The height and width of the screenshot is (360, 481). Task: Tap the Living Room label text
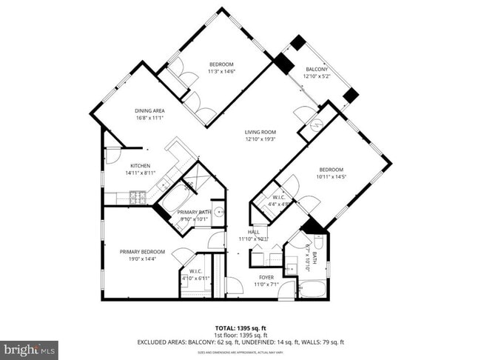(x=260, y=133)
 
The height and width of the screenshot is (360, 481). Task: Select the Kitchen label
(x=141, y=165)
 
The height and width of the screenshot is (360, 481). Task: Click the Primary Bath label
(x=194, y=213)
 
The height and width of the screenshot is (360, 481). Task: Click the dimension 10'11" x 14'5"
(x=331, y=176)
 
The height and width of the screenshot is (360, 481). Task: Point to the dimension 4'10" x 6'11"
(x=195, y=277)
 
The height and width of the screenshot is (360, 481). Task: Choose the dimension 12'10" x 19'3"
(x=260, y=139)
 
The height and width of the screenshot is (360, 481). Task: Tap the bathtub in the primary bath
(x=175, y=199)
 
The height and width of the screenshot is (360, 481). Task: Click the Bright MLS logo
(x=29, y=350)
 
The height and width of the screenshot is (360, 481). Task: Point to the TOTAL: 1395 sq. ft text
(x=240, y=327)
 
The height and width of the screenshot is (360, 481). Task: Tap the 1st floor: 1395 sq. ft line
(x=240, y=334)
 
